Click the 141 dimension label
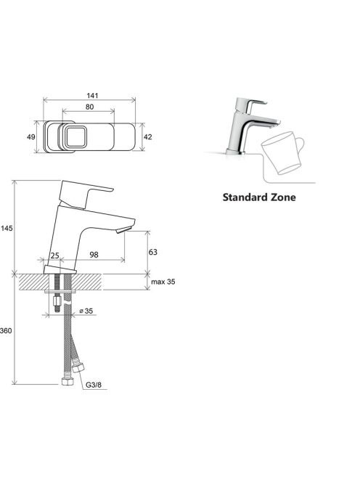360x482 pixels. tap(92, 96)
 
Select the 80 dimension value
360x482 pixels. tap(89, 107)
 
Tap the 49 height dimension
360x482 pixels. tap(31, 136)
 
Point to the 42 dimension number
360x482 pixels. tap(148, 136)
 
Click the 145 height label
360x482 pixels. tap(7, 228)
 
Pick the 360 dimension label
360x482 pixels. tap(6, 331)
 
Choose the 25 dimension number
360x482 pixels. tap(54, 256)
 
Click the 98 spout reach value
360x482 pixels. tap(94, 255)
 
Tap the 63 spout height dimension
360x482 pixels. tap(153, 252)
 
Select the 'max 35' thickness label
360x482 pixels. tap(163, 282)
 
